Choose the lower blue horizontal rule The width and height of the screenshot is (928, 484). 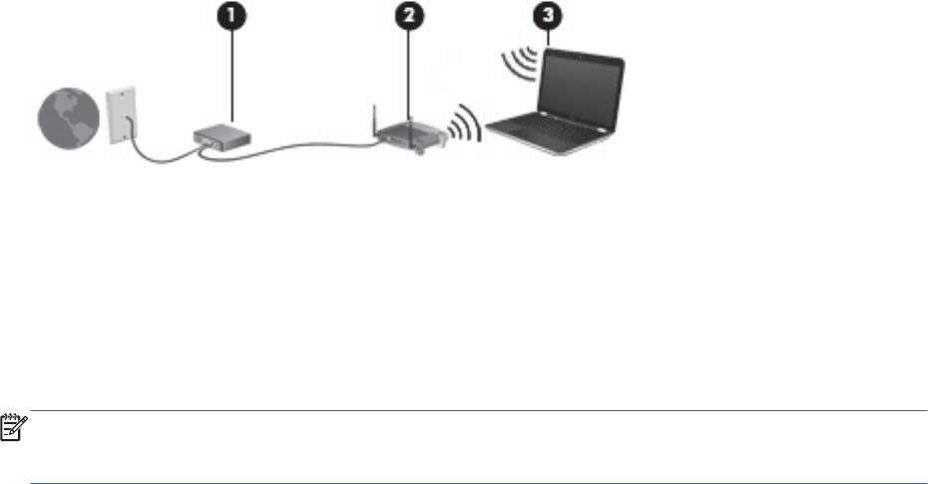[479, 459]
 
